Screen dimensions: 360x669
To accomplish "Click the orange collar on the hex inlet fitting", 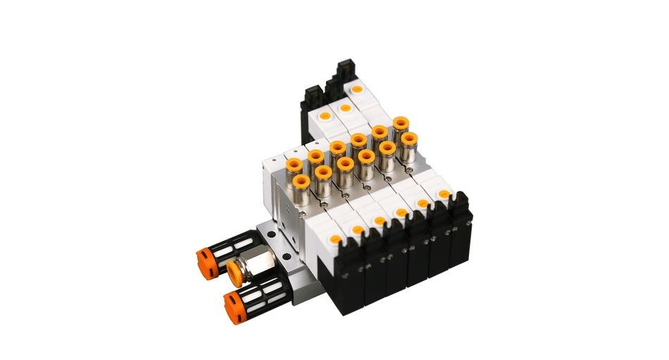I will (x=235, y=270).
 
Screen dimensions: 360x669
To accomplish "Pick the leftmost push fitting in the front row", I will (x=301, y=185).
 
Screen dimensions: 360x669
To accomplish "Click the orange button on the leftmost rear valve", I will (x=324, y=116).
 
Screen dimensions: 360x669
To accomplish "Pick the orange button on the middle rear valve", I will (x=344, y=108).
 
